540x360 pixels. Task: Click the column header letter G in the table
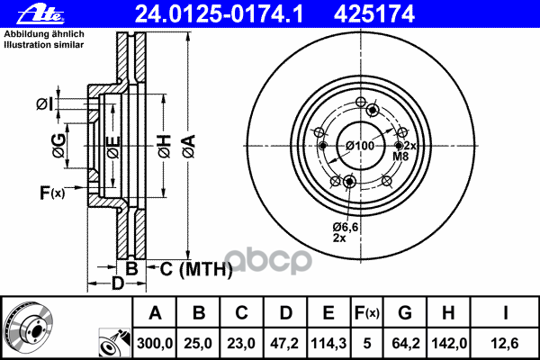tap(405, 313)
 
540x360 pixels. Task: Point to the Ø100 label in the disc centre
tap(360, 146)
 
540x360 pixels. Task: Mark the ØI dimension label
tap(44, 105)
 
